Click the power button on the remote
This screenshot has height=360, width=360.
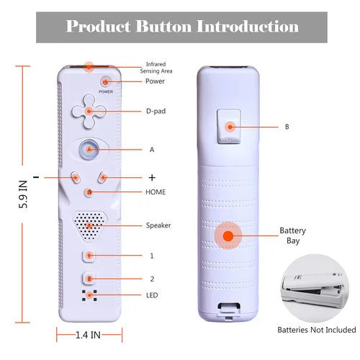[x=105, y=82]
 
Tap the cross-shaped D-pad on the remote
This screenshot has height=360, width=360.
[x=89, y=111]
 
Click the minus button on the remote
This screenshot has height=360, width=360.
[x=76, y=178]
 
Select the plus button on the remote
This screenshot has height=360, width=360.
[x=103, y=178]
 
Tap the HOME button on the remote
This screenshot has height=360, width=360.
[x=89, y=192]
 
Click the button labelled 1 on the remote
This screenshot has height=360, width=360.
[x=89, y=256]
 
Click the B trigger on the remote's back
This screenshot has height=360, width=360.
[x=229, y=127]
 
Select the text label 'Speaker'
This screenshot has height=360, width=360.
[x=158, y=225]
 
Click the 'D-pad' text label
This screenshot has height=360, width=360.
[x=156, y=111]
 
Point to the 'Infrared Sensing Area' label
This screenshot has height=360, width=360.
[x=156, y=68]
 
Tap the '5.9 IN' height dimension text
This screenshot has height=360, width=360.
[x=23, y=194]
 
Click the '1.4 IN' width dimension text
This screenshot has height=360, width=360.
[x=88, y=335]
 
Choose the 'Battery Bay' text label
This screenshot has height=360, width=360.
[x=293, y=235]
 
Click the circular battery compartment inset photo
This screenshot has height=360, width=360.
[x=315, y=288]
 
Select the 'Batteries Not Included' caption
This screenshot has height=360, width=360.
[x=317, y=330]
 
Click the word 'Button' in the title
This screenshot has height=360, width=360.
[x=163, y=26]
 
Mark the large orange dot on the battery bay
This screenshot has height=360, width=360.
[x=228, y=236]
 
